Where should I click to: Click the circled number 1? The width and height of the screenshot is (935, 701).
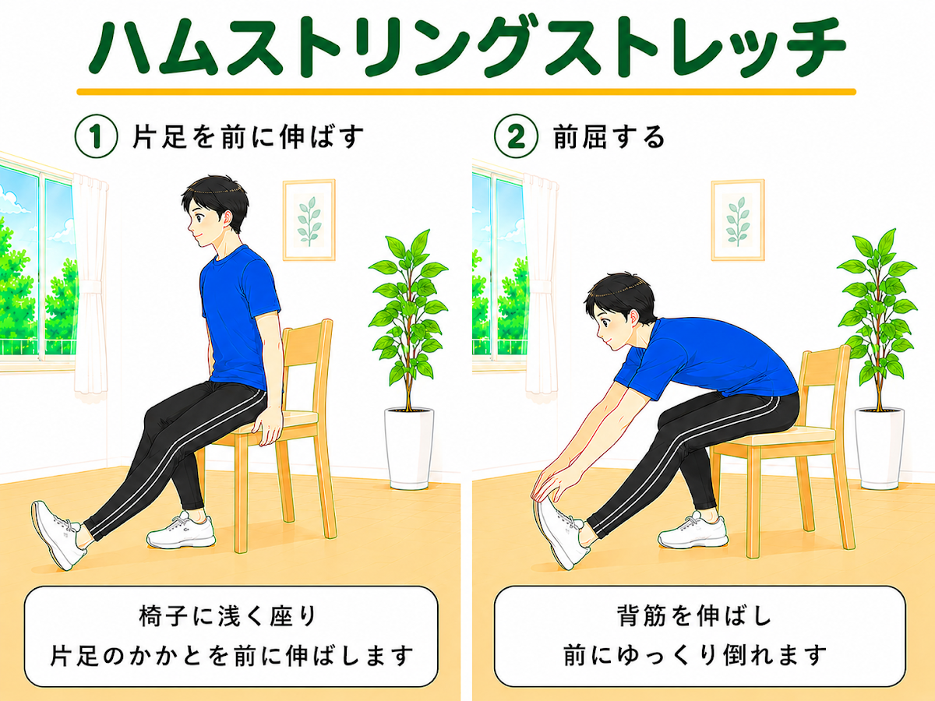[x=96, y=136]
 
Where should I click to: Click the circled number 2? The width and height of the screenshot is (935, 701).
[x=516, y=136]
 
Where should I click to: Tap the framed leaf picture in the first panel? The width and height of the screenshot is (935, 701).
[x=309, y=220]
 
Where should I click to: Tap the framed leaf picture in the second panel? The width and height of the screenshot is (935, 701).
[x=737, y=220]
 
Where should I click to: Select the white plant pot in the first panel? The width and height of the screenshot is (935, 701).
[x=409, y=448]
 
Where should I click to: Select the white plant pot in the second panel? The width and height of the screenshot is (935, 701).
[x=879, y=448]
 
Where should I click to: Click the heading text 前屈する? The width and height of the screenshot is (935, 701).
[x=609, y=137]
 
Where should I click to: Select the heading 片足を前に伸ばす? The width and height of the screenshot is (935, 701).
[x=249, y=136]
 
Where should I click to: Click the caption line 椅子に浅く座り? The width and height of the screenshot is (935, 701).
[x=228, y=616]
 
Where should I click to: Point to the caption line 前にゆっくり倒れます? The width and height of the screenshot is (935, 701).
[x=695, y=655]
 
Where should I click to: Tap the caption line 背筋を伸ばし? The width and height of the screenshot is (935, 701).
[x=695, y=615]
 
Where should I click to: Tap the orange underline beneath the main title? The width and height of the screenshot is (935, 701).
[x=467, y=91]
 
